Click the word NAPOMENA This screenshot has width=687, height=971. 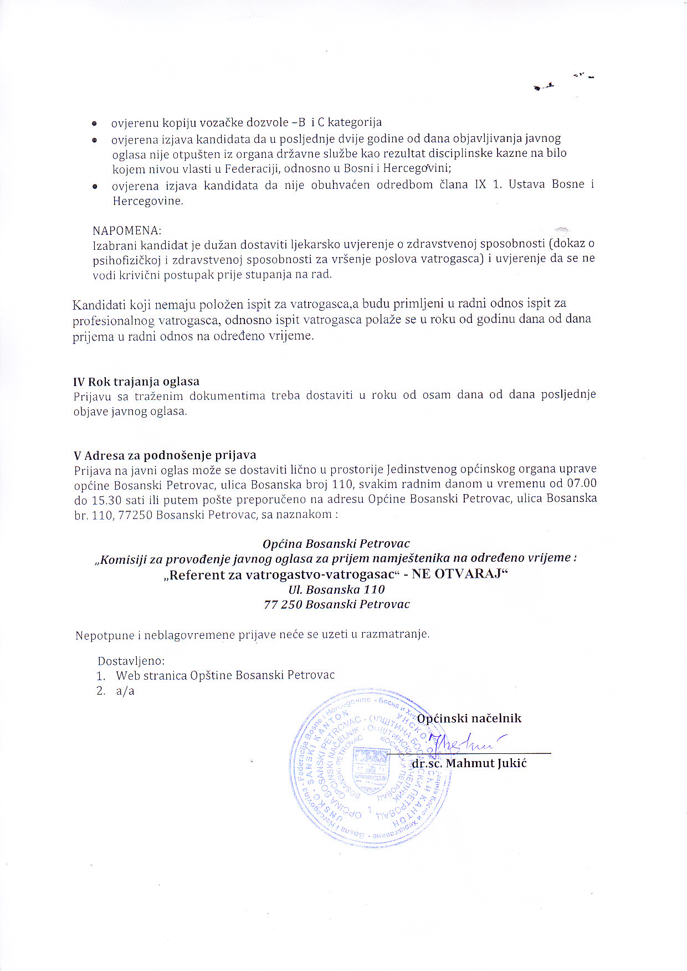click(126, 230)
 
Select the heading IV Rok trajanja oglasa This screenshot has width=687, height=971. click(136, 382)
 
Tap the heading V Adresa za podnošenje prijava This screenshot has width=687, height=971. click(165, 455)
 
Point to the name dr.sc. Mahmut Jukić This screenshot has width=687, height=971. click(469, 763)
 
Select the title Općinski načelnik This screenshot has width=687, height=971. click(469, 718)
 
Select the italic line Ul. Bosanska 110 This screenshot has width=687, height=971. click(336, 589)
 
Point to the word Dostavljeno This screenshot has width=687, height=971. click(131, 661)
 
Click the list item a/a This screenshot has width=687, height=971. click(125, 691)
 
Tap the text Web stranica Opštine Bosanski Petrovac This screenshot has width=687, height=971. click(225, 676)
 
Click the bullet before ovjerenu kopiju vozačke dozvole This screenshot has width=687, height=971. click(95, 123)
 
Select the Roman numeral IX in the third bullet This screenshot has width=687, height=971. click(480, 184)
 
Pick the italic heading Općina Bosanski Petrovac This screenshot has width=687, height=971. click(336, 543)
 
